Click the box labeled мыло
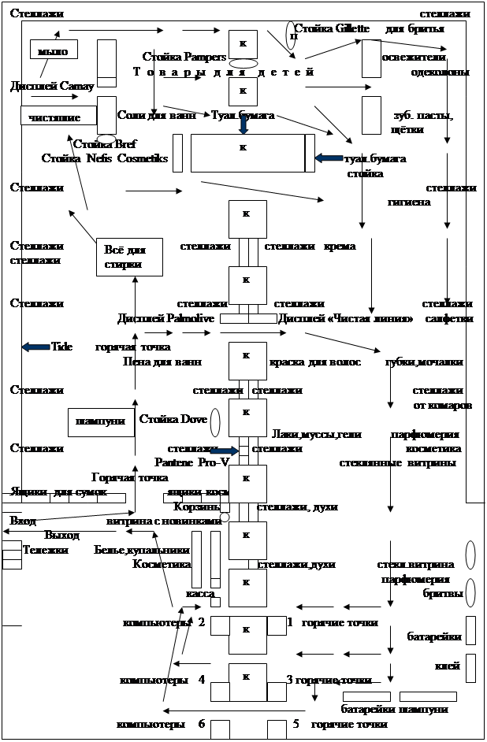(x=53, y=50)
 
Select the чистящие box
(x=54, y=117)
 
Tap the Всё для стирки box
(x=128, y=257)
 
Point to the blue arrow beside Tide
(x=35, y=347)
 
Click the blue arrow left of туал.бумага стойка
(x=328, y=158)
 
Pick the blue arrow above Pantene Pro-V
(x=224, y=451)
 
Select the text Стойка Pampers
(x=184, y=57)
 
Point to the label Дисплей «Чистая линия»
(x=346, y=319)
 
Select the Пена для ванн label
(x=162, y=362)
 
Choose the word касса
(x=200, y=592)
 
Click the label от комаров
(x=442, y=405)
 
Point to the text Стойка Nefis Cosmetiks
(x=105, y=158)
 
